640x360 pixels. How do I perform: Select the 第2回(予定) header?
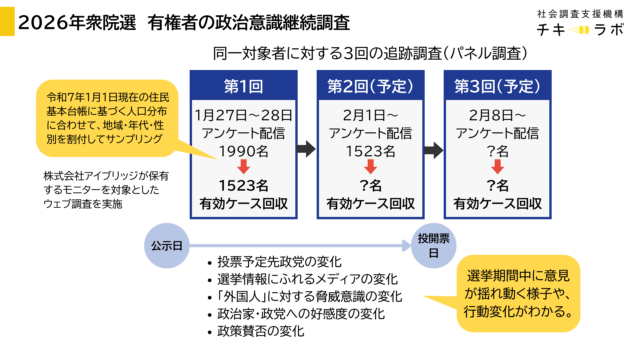click(369, 85)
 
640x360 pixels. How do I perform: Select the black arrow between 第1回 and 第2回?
click(305, 148)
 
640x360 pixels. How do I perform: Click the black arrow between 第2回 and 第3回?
click(433, 148)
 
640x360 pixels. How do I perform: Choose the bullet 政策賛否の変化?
click(263, 331)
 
